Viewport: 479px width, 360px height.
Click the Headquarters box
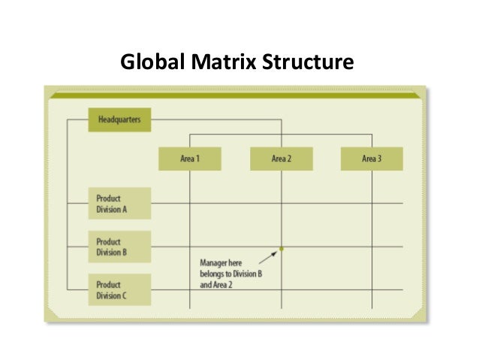tap(119, 119)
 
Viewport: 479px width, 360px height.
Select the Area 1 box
tap(189, 159)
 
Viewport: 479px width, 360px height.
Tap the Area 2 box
tap(281, 159)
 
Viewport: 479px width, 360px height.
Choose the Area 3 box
tap(372, 159)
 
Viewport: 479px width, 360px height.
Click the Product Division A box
tap(119, 204)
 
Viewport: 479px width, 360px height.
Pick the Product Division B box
tap(119, 247)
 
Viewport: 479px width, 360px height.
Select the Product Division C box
tap(119, 289)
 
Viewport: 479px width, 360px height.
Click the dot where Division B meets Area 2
tap(282, 248)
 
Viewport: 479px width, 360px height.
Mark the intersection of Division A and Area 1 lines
tap(189, 204)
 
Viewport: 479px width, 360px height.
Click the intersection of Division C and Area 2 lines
tap(282, 289)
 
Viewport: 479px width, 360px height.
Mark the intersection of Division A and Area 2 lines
tap(282, 204)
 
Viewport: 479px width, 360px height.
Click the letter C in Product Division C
tap(125, 295)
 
